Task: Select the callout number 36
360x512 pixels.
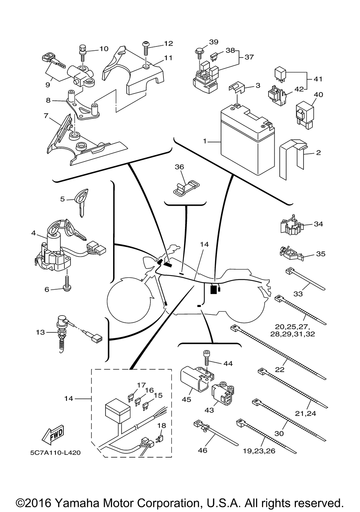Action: (x=179, y=167)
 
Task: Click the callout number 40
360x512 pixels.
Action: (x=319, y=95)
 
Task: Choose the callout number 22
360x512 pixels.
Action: (x=280, y=370)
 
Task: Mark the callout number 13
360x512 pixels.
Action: (x=40, y=332)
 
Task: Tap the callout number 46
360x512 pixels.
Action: (x=203, y=450)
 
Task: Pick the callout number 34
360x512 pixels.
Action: (x=318, y=224)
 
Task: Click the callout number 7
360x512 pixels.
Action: (x=46, y=116)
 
